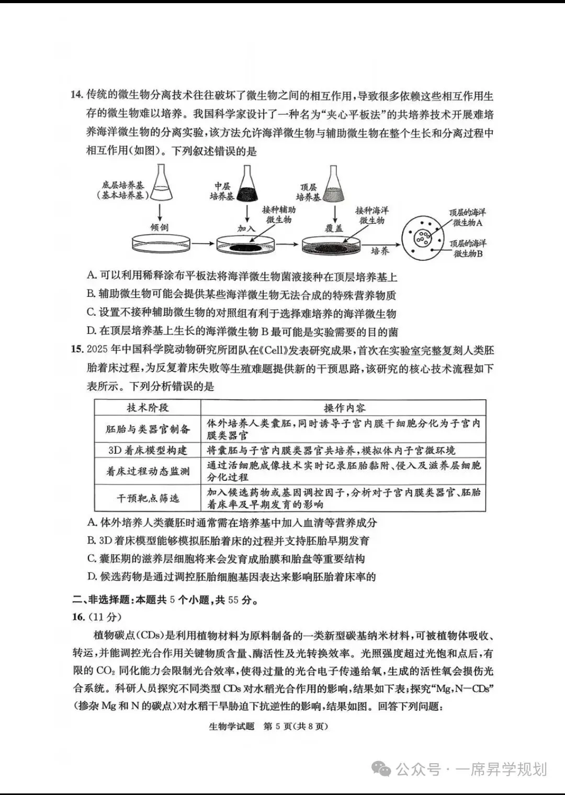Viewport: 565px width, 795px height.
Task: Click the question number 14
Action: pos(77,95)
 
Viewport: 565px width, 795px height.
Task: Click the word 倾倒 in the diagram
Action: pos(159,228)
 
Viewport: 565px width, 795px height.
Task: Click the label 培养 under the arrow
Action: pos(380,251)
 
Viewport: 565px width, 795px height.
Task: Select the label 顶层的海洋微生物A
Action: pos(467,217)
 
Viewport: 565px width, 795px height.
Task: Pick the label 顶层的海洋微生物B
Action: pos(467,248)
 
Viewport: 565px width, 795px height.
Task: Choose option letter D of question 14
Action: pos(92,331)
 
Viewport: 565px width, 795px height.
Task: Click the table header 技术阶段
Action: pos(148,408)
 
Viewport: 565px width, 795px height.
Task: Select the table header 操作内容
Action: pos(344,408)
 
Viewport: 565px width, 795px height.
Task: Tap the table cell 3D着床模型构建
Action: pos(148,450)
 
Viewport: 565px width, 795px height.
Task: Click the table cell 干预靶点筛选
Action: pos(148,498)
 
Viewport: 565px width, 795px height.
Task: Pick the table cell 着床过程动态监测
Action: pos(148,471)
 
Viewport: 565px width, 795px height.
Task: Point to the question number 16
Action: pos(78,617)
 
